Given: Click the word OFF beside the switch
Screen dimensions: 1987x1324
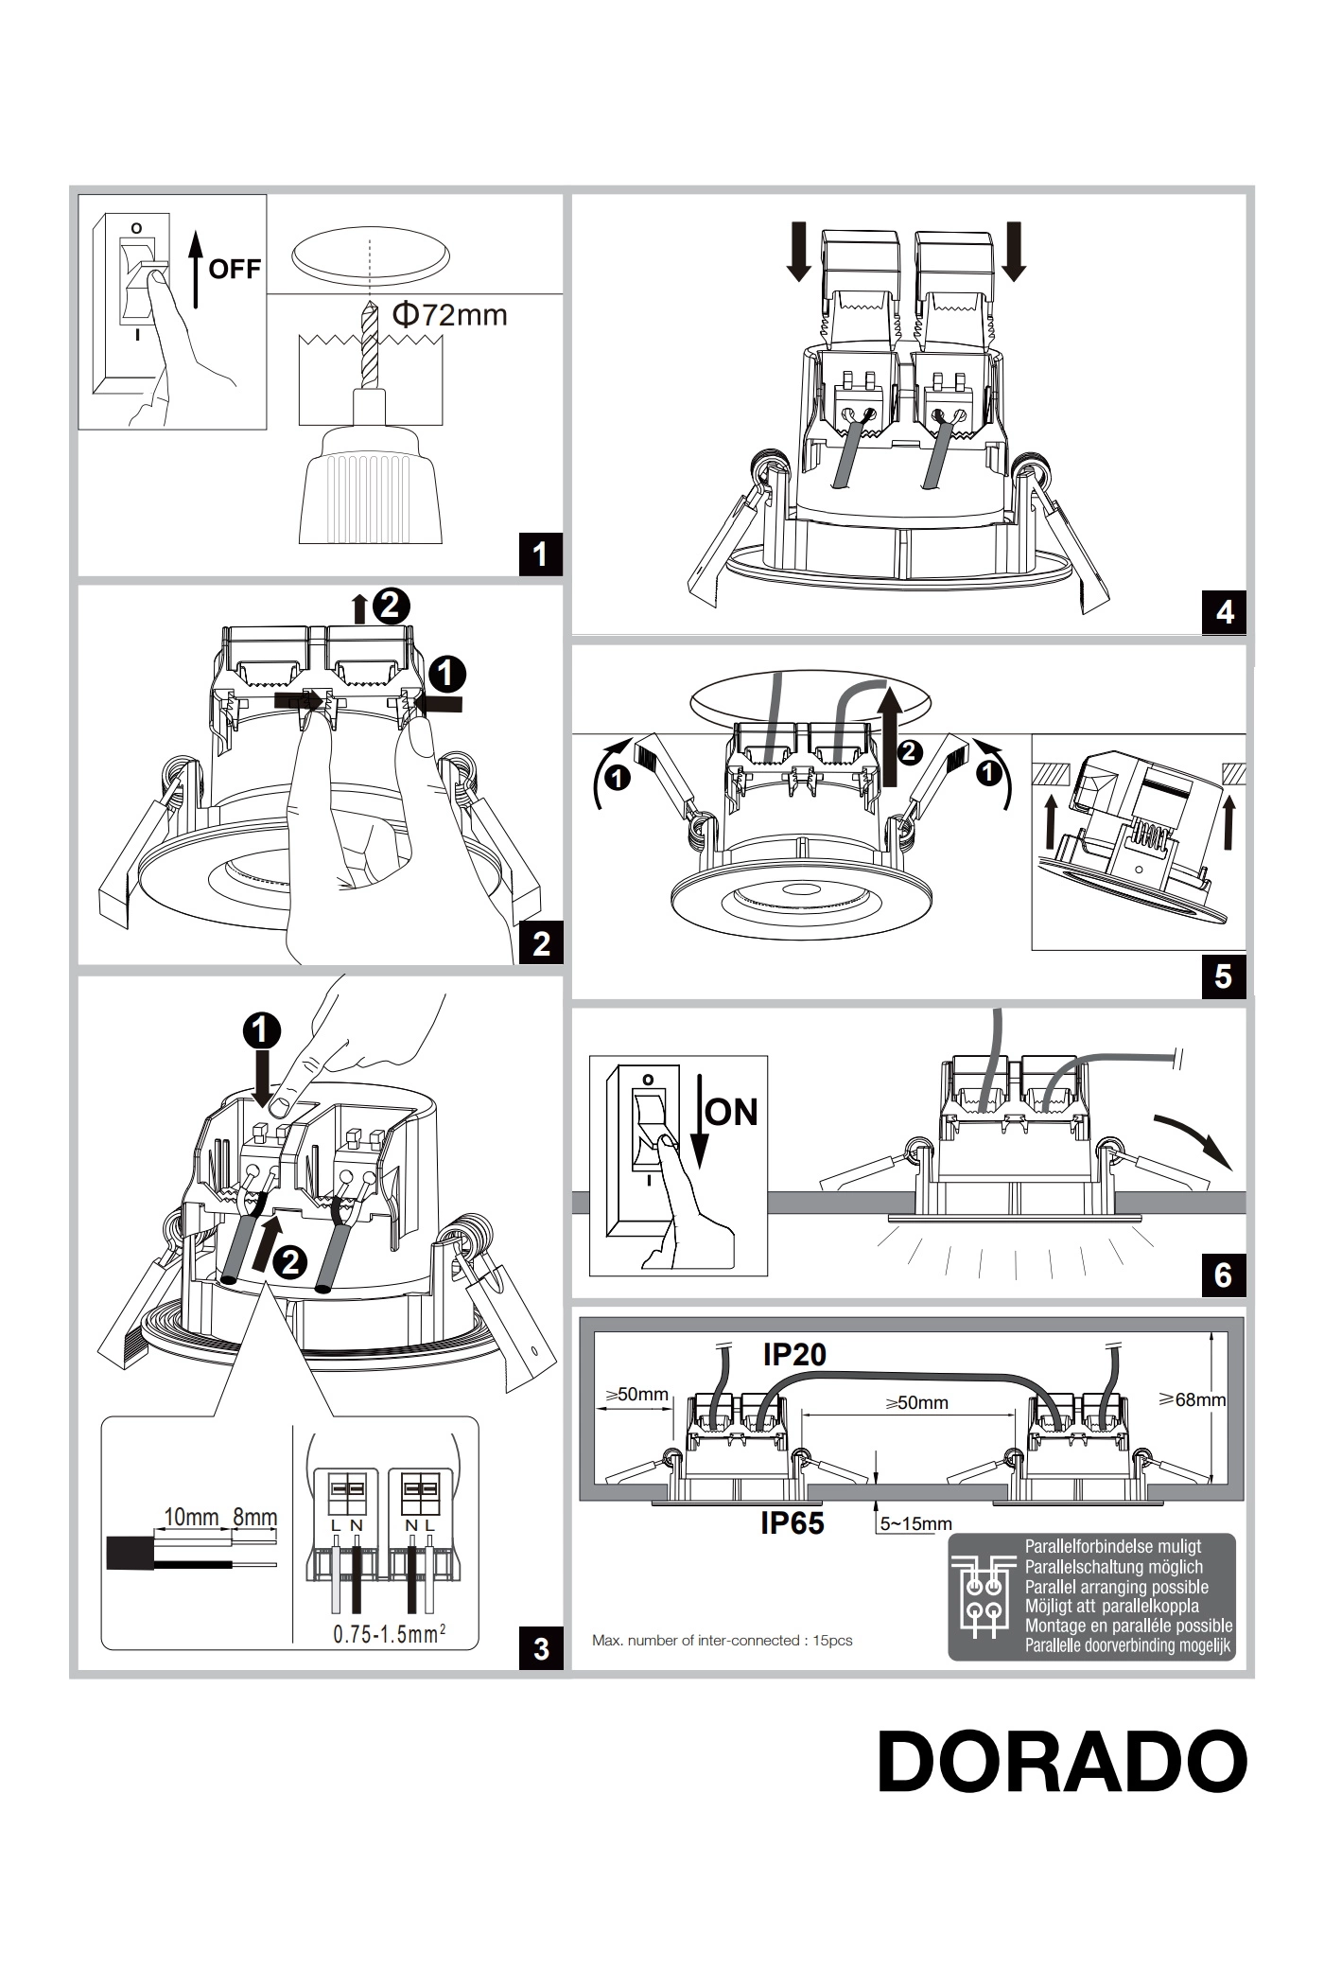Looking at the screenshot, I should point(234,269).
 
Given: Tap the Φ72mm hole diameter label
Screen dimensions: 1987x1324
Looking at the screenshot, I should point(449,314).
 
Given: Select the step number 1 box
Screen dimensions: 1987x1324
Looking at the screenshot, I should point(540,554).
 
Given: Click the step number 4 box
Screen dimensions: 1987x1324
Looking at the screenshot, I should point(1225,612).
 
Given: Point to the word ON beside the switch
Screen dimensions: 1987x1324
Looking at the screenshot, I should point(732,1112).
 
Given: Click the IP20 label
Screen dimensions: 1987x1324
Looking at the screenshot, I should point(794,1354).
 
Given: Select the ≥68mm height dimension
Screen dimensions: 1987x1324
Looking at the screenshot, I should point(1193,1398).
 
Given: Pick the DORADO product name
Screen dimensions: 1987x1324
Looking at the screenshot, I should point(1063,1762).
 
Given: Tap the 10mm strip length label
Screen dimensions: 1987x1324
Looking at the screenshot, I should point(191,1518).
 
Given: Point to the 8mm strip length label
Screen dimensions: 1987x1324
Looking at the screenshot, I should point(255,1518).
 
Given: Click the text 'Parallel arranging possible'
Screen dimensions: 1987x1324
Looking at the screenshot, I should point(1116,1587).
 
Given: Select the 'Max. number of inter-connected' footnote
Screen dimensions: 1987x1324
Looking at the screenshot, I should point(722,1640).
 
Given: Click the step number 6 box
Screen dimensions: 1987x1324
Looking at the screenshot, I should point(1224,1275).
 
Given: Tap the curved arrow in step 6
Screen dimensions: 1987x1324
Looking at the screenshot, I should point(1194,1138).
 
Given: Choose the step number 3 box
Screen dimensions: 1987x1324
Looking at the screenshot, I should point(541,1648).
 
